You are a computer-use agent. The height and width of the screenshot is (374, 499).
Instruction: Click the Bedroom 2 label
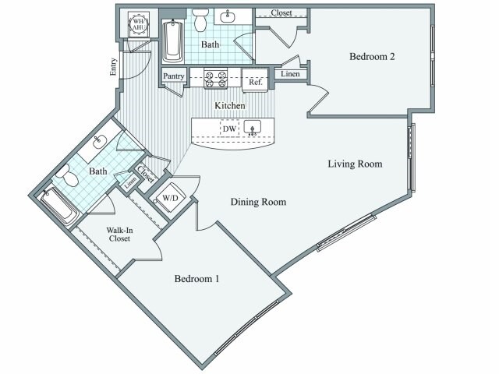coord(370,57)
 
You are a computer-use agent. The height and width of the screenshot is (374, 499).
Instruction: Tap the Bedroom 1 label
coord(196,278)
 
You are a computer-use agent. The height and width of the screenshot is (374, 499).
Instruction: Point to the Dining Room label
coord(258,202)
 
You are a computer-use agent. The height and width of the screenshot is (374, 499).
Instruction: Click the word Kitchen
coord(231,105)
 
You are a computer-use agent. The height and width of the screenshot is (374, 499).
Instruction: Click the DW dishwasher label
coord(228,128)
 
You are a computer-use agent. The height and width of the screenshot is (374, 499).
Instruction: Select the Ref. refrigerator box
coord(255,80)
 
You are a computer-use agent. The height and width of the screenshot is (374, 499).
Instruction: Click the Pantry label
coord(175,76)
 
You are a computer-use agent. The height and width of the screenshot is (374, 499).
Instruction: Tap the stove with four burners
coord(215,77)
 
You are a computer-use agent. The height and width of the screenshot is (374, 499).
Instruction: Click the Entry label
coord(113,68)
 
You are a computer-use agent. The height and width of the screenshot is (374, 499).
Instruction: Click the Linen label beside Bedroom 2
coord(289,75)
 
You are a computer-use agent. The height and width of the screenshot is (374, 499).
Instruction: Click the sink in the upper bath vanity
coord(229,16)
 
